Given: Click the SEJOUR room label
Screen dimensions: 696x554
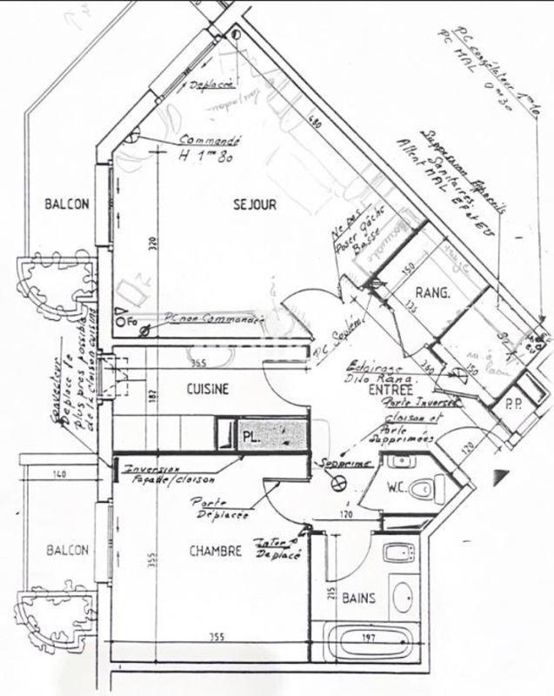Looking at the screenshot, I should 255,205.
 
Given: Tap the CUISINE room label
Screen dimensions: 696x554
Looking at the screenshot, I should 208,390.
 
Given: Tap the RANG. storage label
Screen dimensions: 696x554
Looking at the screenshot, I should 432,294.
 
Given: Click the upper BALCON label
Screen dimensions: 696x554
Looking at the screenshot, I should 67,205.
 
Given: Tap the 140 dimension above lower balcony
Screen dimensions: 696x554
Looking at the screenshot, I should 58,474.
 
